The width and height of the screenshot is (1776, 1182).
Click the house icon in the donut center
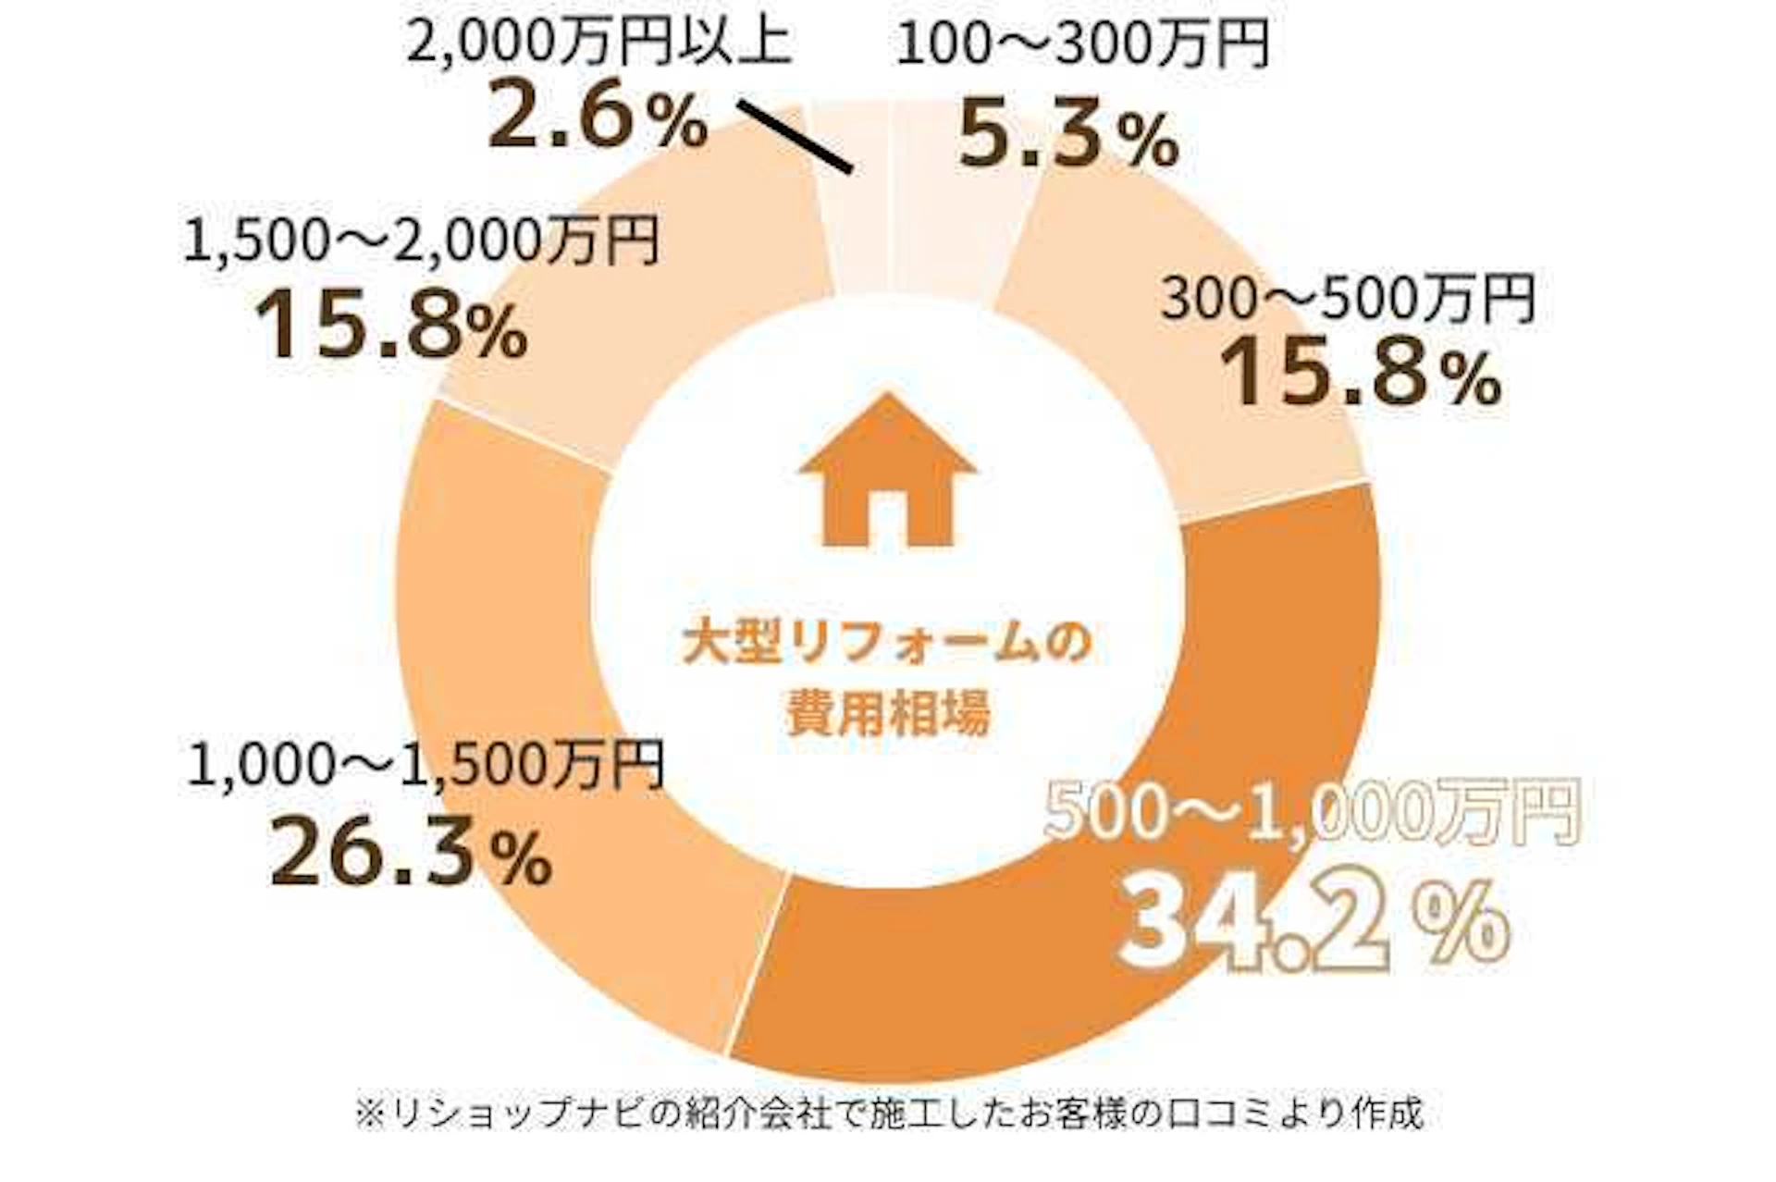[x=887, y=472]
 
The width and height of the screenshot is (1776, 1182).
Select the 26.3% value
[x=410, y=851]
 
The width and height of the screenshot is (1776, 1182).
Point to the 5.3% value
[x=1067, y=137]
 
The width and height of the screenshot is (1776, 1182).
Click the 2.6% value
[x=597, y=115]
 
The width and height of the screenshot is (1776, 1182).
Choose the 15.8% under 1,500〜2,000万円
[x=390, y=324]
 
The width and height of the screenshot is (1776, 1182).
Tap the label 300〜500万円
[x=1348, y=298]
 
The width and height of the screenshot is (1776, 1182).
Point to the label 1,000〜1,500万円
[x=425, y=766]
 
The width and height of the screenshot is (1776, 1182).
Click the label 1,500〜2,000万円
[x=421, y=240]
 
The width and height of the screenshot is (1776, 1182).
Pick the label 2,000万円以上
[x=598, y=42]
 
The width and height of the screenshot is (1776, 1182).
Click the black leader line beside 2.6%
[x=796, y=136]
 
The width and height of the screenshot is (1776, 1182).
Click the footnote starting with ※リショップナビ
[x=888, y=1114]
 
